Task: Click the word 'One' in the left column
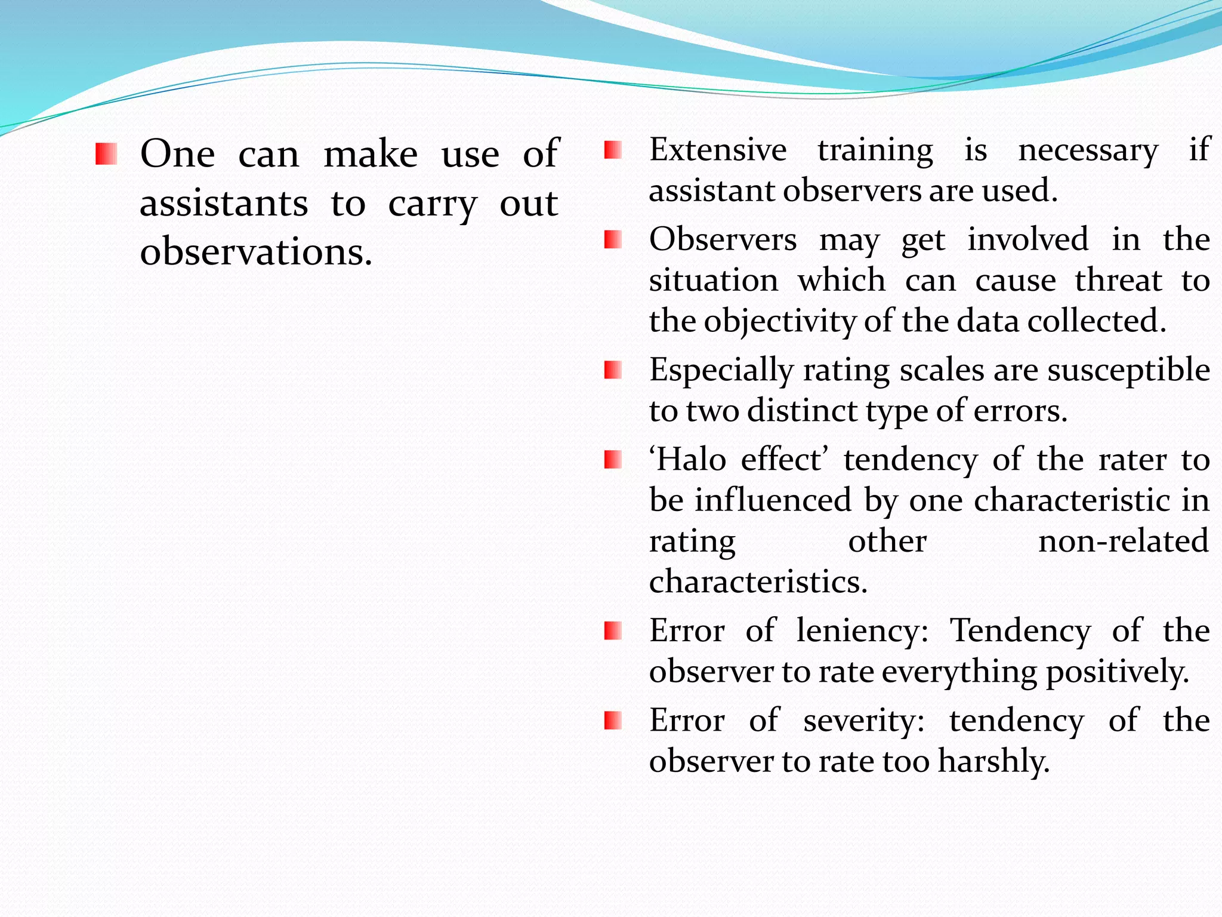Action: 177,154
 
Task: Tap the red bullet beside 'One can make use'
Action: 106,154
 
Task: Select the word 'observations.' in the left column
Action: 256,252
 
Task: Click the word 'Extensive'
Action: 718,149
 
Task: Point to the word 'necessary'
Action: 1088,150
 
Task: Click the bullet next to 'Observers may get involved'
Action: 613,240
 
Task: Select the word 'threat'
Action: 1118,281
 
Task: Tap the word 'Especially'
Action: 721,371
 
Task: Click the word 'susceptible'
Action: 1128,371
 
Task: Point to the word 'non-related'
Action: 1123,541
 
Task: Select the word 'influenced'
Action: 772,500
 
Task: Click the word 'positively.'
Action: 1118,672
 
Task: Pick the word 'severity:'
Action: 863,721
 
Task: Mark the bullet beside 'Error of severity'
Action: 613,721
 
